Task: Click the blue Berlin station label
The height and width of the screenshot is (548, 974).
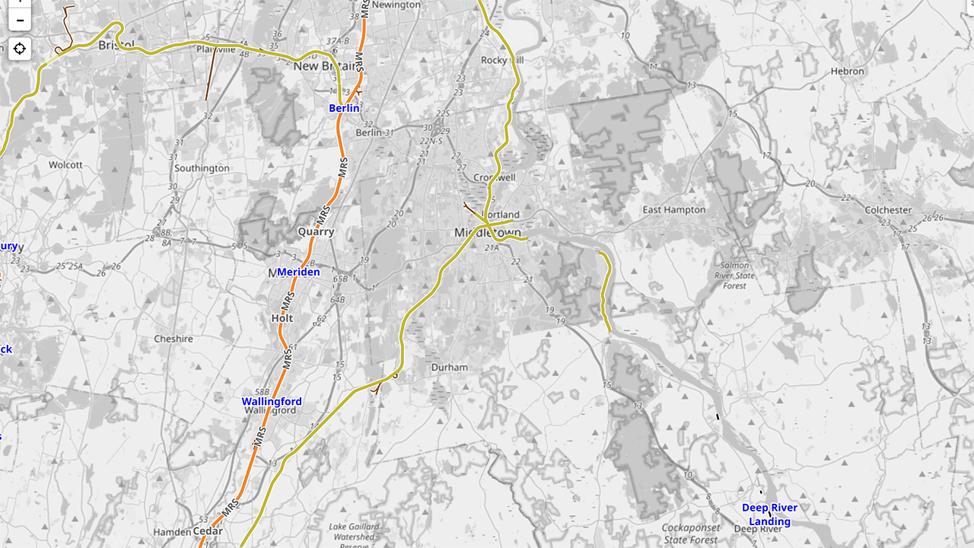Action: pos(344,108)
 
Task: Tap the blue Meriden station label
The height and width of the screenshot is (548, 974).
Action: pos(298,272)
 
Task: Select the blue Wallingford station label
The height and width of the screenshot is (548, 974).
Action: pos(272,401)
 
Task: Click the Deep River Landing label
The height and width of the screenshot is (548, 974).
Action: pos(769,515)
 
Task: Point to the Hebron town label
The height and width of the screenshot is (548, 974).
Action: pos(847,71)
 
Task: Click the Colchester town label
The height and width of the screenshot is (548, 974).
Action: pos(887,209)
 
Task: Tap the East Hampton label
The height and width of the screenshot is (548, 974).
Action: pos(673,209)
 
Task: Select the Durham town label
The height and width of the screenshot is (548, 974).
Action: pos(449,367)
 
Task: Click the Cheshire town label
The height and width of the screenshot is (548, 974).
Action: pos(173,339)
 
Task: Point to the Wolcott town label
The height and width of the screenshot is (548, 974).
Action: pos(65,164)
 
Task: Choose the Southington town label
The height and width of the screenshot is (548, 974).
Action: pos(202,168)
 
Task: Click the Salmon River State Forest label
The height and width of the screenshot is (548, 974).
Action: pos(734,276)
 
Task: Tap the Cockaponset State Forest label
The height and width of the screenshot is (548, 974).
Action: pos(690,533)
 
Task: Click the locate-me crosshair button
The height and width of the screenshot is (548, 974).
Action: pos(20,49)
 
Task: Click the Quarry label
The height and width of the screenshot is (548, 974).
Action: pos(316,231)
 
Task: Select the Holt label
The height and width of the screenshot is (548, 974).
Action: pos(282,318)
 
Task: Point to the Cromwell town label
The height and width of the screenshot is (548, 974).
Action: pos(495,177)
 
